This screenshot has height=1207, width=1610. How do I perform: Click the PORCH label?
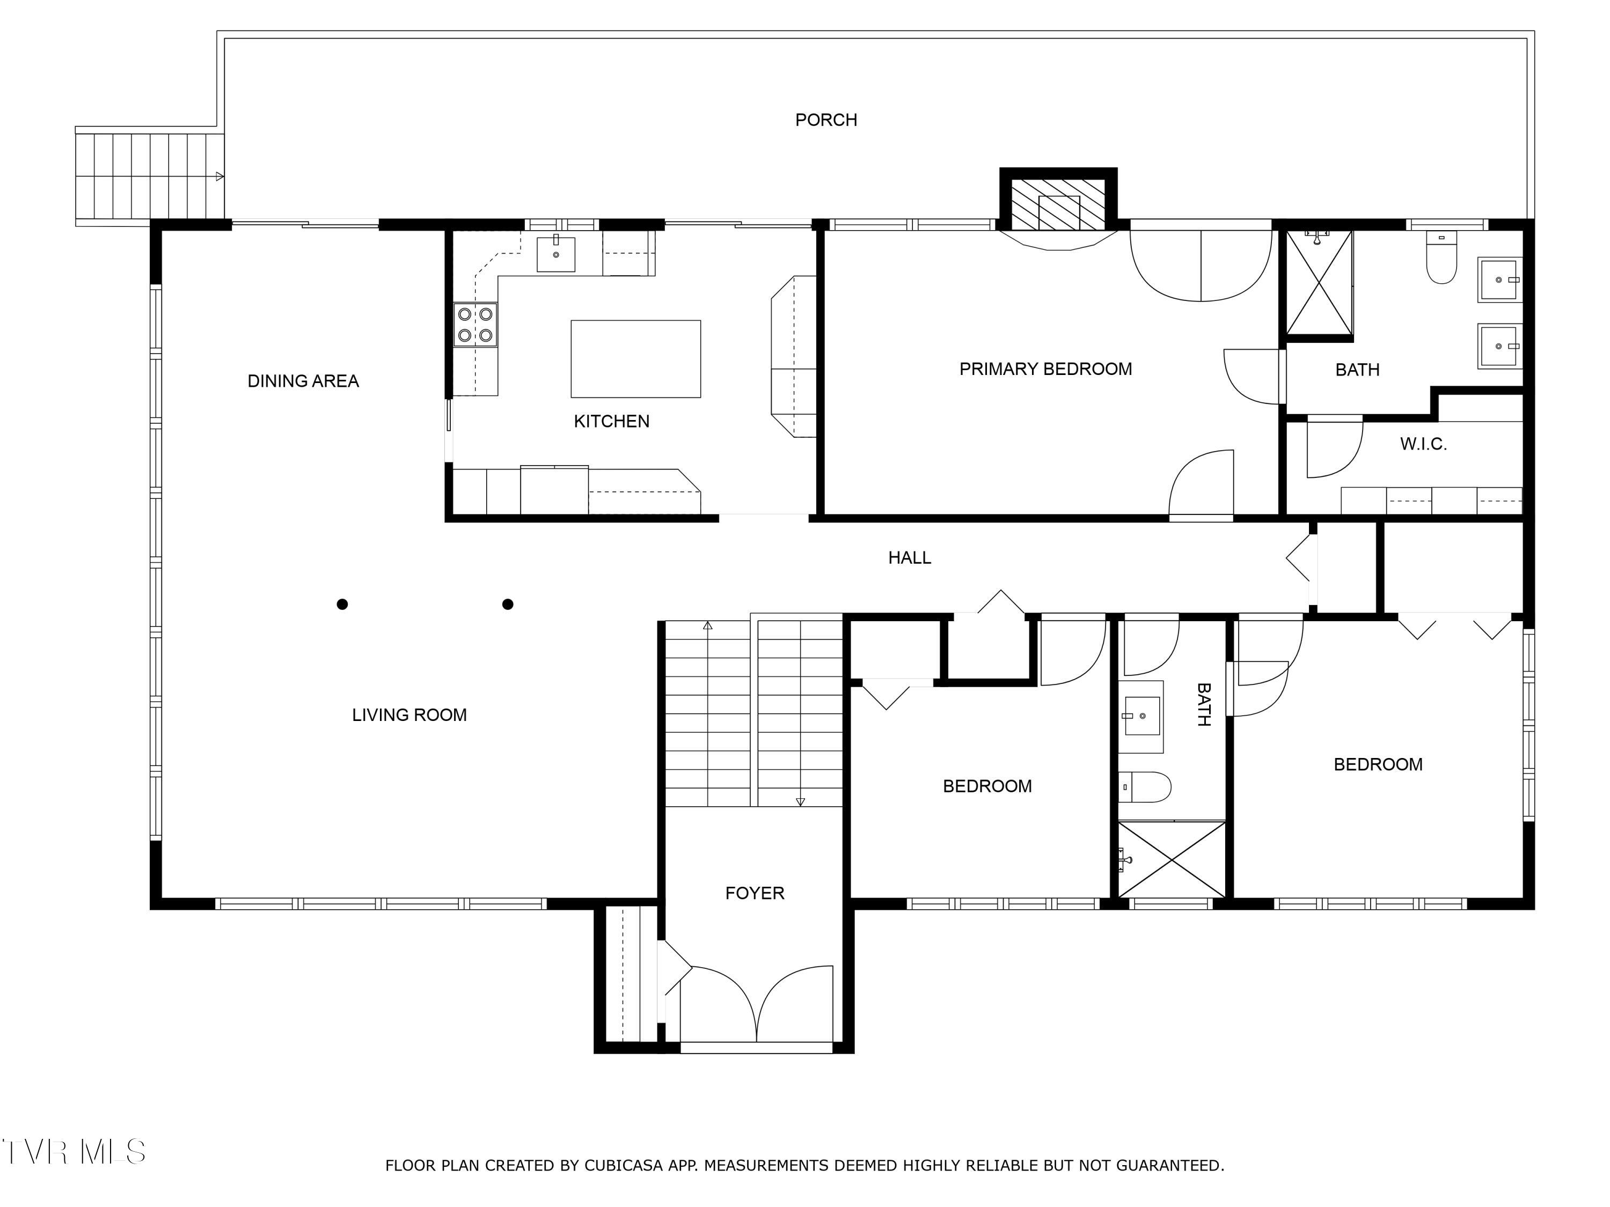tap(825, 120)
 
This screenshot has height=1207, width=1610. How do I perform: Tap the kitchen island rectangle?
tap(635, 359)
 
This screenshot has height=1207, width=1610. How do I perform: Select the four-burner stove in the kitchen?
tap(475, 325)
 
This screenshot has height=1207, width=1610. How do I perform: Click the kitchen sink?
tap(555, 253)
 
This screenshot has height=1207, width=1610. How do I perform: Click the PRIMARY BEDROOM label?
tap(1045, 370)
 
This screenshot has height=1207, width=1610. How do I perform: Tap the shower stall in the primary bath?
tap(1319, 283)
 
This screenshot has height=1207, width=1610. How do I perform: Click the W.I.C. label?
tap(1423, 444)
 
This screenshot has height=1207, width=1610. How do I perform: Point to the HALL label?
tap(909, 558)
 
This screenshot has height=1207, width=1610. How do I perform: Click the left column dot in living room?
tap(342, 604)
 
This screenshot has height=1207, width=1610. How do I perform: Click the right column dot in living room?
tap(508, 604)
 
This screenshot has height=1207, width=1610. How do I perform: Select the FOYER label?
tap(755, 893)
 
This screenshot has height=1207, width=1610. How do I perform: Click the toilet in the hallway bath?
tap(1144, 787)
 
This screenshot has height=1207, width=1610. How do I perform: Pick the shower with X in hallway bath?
tap(1172, 859)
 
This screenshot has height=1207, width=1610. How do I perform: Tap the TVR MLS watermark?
tap(73, 1152)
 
